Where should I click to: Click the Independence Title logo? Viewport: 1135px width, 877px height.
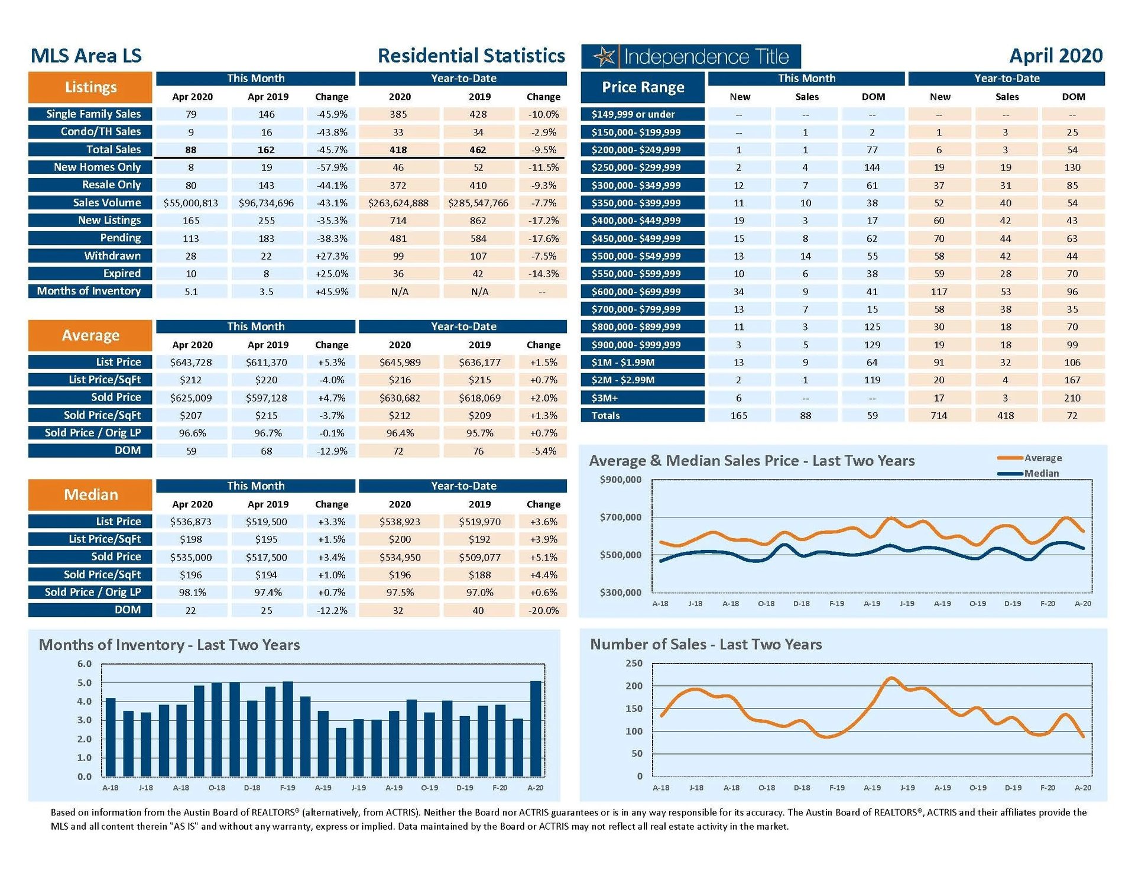click(x=690, y=57)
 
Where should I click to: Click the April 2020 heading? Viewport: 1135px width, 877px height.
click(x=1056, y=56)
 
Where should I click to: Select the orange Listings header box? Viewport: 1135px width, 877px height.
click(x=90, y=88)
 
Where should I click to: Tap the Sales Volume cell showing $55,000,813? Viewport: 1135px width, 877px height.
click(x=190, y=203)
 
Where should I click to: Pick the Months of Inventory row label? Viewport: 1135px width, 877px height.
click(x=89, y=291)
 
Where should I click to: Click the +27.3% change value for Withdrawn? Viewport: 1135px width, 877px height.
click(x=332, y=256)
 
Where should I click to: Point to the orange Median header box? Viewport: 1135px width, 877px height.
click(x=90, y=495)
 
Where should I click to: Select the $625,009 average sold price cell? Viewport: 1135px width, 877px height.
click(x=190, y=398)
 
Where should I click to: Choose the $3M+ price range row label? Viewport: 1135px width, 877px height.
click(x=643, y=398)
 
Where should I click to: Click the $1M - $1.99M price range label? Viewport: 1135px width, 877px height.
click(x=643, y=363)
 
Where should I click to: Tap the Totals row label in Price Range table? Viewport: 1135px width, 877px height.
click(x=643, y=416)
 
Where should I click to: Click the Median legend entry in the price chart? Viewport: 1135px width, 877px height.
click(x=1041, y=473)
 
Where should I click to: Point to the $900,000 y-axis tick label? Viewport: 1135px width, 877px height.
click(x=620, y=480)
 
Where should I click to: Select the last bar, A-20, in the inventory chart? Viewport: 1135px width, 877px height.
click(x=536, y=729)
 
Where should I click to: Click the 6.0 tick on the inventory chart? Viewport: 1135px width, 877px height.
click(x=85, y=664)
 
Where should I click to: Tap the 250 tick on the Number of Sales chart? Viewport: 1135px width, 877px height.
click(x=634, y=664)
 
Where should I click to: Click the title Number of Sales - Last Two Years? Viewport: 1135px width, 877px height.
click(x=706, y=645)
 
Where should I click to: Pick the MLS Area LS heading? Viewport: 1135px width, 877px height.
click(x=86, y=56)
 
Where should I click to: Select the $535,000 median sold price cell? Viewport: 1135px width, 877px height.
click(x=190, y=557)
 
